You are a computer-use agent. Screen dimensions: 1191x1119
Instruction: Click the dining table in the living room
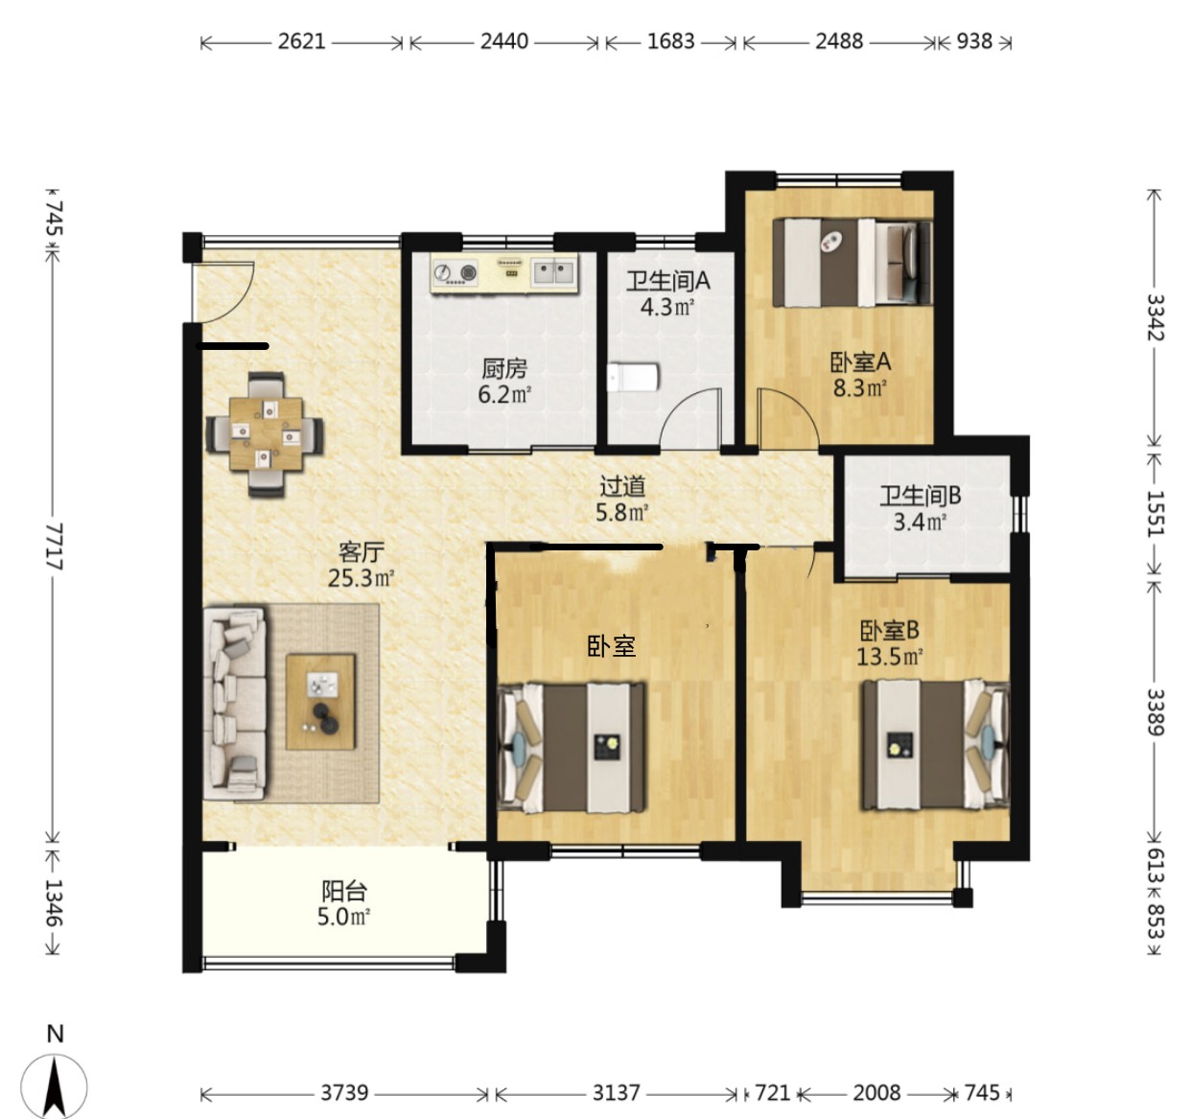pos(265,433)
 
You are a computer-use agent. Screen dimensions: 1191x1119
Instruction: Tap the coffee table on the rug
pos(320,702)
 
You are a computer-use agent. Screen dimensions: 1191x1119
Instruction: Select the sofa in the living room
pos(235,704)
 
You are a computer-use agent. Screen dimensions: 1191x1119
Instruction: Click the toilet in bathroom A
pos(633,377)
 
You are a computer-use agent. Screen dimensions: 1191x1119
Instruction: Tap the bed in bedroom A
pos(852,263)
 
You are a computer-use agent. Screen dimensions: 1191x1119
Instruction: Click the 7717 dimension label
pos(55,546)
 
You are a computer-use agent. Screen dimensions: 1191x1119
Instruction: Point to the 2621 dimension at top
pos(301,41)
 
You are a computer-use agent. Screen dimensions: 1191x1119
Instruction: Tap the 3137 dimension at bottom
pos(616,1092)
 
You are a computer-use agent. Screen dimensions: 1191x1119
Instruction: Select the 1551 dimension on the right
pos(1155,514)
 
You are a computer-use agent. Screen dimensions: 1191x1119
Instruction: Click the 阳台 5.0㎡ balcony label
pos(343,903)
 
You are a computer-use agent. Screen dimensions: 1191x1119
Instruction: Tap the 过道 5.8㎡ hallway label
pos(622,499)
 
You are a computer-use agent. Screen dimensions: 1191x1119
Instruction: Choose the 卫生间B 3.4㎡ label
pos(920,508)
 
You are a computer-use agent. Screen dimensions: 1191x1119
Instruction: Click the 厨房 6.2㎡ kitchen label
pos(504,382)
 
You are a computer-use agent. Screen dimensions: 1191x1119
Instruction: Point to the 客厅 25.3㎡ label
pos(361,565)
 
